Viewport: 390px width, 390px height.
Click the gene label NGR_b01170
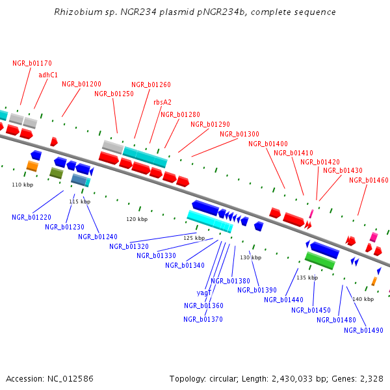point(32,63)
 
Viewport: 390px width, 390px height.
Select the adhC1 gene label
point(48,75)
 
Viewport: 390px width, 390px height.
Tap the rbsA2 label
point(162,102)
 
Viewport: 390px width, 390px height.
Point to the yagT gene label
point(204,292)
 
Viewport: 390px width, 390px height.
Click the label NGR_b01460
point(369,180)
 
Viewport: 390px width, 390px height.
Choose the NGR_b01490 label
point(363,330)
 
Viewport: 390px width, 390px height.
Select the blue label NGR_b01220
point(31,217)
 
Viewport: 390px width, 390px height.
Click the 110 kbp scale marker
point(22,185)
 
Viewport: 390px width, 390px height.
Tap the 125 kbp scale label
point(194,238)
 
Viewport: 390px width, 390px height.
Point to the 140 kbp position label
point(363,299)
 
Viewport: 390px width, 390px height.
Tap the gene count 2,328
point(370,378)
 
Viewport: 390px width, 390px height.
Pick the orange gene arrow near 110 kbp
point(32,166)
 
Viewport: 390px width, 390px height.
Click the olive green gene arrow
point(57,173)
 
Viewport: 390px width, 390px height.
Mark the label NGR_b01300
point(239,134)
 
